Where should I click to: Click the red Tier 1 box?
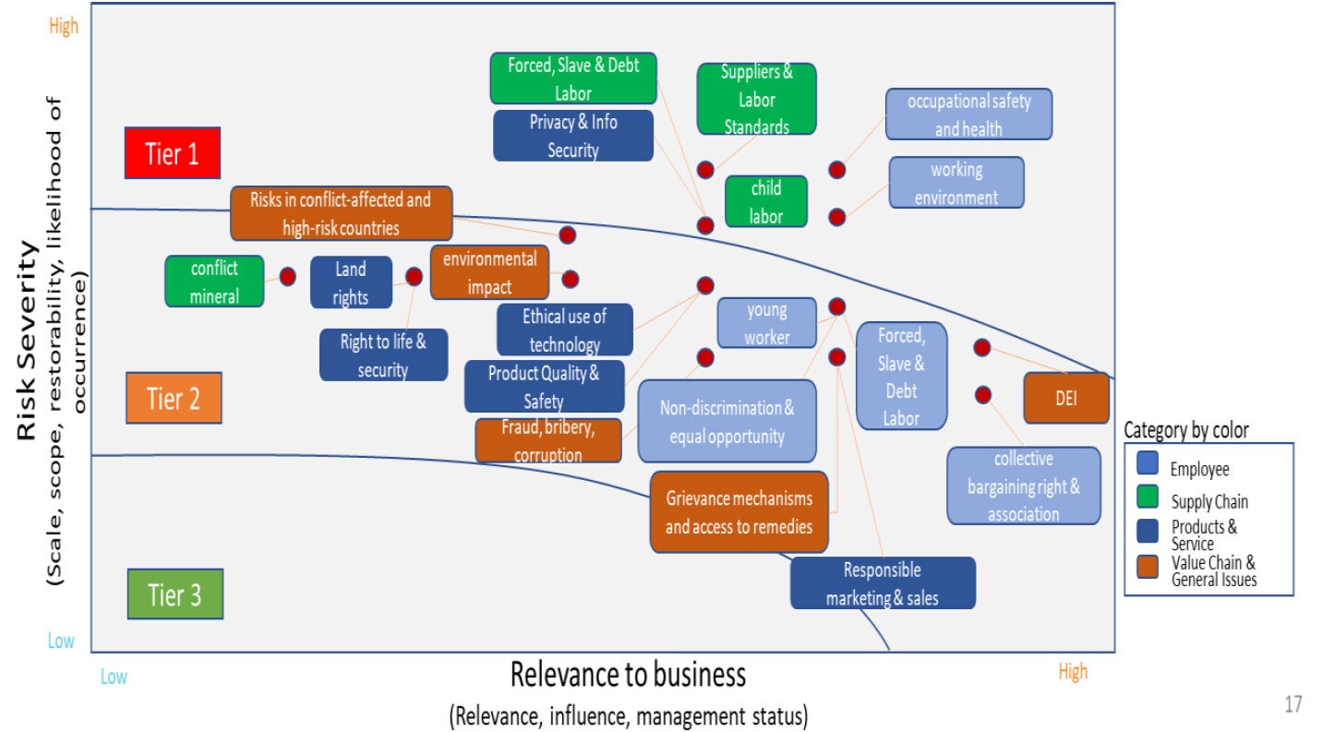(173, 153)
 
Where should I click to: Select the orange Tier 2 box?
(174, 398)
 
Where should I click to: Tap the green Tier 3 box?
(175, 594)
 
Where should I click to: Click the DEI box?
(1066, 399)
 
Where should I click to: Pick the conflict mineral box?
(214, 282)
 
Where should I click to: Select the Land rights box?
(350, 282)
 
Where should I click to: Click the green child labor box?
(765, 201)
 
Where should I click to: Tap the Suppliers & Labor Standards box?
(756, 99)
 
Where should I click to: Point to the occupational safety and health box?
(967, 114)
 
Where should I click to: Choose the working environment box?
(955, 183)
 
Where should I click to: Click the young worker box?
(766, 323)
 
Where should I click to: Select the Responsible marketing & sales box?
(882, 583)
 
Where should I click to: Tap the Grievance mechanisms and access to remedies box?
(739, 512)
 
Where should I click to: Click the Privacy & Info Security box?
(572, 136)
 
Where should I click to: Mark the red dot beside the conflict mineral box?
(288, 276)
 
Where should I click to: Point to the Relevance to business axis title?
(628, 675)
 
